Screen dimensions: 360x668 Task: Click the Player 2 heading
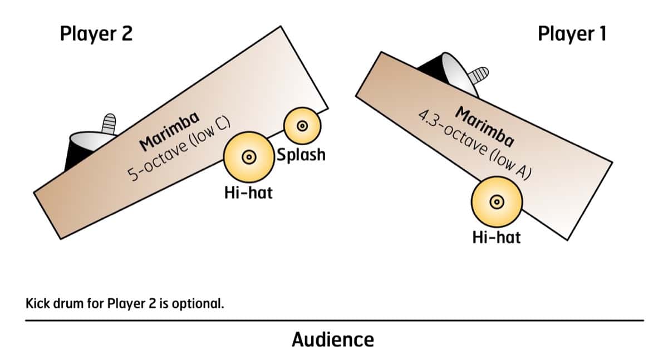96,34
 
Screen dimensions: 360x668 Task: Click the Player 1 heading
572,34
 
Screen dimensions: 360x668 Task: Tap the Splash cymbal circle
302,126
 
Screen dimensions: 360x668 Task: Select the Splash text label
301,154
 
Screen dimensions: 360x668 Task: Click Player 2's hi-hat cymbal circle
249,157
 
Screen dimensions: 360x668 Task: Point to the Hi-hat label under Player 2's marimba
248,193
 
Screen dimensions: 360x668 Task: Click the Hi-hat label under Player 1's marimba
496,238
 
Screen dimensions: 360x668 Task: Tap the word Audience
332,339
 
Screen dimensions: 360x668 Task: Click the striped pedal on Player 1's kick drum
479,74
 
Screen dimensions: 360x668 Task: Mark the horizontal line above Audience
334,320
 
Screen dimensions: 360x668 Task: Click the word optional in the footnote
202,304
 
